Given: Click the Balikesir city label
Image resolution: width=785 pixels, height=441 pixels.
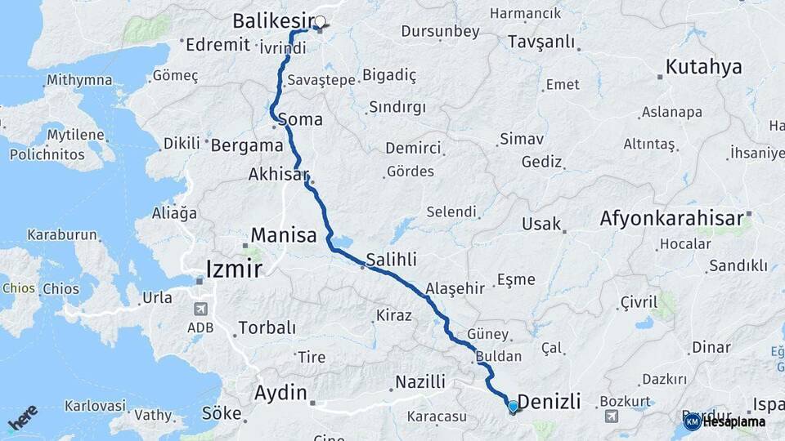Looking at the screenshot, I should (x=273, y=20).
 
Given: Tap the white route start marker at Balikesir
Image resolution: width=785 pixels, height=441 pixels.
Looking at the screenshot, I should (x=320, y=22).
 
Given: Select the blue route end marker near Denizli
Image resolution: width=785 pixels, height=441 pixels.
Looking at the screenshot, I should (x=513, y=406).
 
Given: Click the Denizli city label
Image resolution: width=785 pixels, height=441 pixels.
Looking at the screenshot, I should (x=549, y=401).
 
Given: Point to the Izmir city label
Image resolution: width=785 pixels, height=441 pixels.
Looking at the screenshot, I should (x=234, y=269).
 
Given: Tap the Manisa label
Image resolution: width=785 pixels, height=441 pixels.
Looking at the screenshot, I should (x=284, y=236).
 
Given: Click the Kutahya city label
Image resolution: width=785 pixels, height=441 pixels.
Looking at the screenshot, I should (x=703, y=67).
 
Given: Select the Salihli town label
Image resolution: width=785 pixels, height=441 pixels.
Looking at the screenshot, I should (x=391, y=259).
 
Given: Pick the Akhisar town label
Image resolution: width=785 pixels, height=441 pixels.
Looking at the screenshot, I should (x=280, y=174).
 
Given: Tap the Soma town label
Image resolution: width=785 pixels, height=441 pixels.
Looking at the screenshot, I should (x=300, y=119).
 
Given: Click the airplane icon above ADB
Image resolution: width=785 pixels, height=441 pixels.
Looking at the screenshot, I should (x=200, y=309).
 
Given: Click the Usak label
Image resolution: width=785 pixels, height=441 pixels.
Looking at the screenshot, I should (x=543, y=224).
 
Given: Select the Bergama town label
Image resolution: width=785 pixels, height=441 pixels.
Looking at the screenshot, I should (x=247, y=146).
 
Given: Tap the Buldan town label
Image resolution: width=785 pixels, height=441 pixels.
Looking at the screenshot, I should (x=497, y=357).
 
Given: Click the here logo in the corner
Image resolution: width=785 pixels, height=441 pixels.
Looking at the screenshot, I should (x=22, y=418).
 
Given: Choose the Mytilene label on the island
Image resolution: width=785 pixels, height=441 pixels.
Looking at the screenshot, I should (x=75, y=135).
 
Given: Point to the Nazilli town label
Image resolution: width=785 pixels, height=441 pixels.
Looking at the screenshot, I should (x=420, y=381).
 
